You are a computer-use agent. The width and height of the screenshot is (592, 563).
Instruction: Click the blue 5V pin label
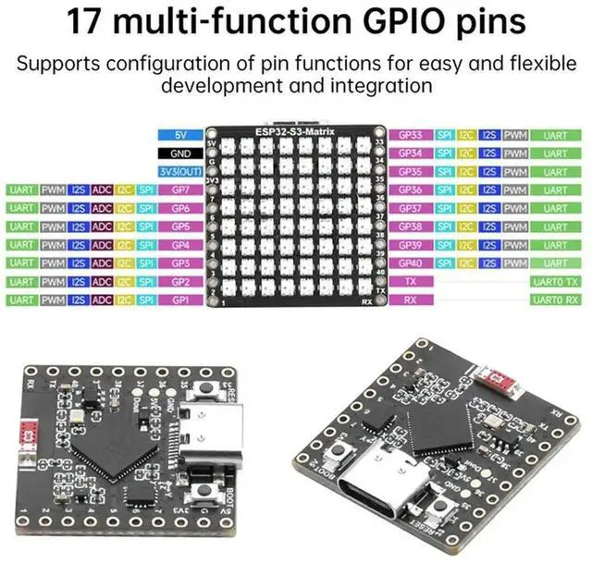click(x=180, y=135)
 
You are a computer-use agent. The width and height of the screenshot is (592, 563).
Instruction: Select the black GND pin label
click(x=180, y=153)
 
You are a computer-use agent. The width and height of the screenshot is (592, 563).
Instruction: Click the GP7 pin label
click(x=180, y=190)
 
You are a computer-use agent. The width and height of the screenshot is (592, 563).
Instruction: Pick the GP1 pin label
click(x=180, y=300)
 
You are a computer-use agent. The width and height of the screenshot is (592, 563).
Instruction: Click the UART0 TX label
click(x=555, y=282)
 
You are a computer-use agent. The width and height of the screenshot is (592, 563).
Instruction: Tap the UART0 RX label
click(x=555, y=300)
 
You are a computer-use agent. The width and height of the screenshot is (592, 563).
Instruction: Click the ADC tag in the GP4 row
click(x=102, y=245)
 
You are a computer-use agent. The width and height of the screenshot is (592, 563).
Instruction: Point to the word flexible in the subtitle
click(x=531, y=65)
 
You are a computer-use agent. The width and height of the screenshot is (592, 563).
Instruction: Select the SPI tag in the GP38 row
click(x=444, y=226)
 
